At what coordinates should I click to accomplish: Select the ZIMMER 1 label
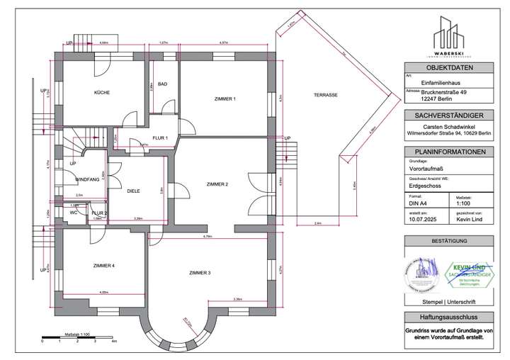[224, 99]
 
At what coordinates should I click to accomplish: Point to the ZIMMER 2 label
[216, 184]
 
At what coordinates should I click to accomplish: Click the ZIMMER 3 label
[200, 272]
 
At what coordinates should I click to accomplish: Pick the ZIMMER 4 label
[103, 265]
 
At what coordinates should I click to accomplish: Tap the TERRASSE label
[326, 95]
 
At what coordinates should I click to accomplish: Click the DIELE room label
[132, 191]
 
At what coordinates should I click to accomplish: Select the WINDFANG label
[87, 180]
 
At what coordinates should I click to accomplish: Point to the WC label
[73, 212]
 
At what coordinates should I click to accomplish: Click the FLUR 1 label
[160, 137]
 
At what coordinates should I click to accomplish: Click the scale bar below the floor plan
[78, 336]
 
